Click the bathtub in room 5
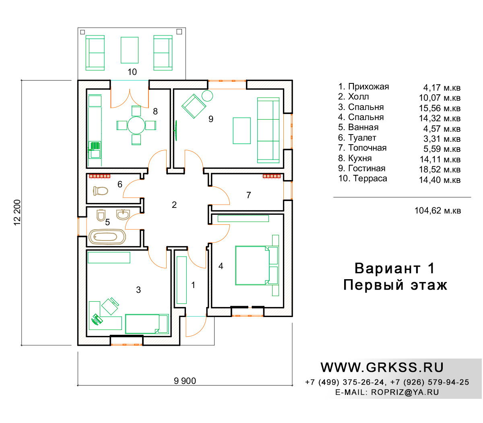point(107,236)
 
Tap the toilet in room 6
point(101,191)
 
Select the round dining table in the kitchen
point(136,125)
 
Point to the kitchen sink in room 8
point(95,150)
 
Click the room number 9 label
point(211,119)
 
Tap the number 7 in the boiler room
point(248,195)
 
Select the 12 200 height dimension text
point(17,212)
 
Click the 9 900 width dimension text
point(185,381)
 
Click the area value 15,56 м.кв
point(440,108)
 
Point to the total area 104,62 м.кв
point(438,210)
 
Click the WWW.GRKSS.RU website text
point(382,367)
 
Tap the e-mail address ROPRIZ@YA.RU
point(405,392)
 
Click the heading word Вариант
point(387,268)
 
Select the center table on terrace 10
point(129,50)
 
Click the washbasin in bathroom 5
point(123,215)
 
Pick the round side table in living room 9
point(207,96)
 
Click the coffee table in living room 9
point(242,131)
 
